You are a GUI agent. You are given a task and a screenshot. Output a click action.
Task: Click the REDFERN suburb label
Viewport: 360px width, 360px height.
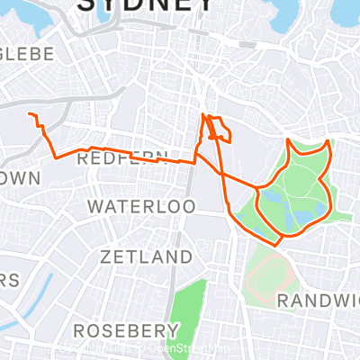pyautogui.click(x=123, y=158)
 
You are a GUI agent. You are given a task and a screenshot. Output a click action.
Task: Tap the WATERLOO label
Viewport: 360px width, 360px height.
pyautogui.click(x=141, y=207)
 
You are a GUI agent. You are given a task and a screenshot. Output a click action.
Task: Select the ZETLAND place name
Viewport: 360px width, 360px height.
pyautogui.click(x=147, y=257)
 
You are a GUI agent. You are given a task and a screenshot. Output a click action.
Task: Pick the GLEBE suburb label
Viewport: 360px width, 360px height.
pyautogui.click(x=27, y=54)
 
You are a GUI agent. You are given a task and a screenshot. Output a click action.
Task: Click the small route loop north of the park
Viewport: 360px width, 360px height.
pyautogui.click(x=219, y=130)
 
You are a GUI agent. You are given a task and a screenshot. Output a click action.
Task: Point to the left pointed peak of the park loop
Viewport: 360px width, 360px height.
pyautogui.click(x=288, y=141)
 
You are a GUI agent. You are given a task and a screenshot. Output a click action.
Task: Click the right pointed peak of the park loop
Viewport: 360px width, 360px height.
pyautogui.click(x=329, y=141)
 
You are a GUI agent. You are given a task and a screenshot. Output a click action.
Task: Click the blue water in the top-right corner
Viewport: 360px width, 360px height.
pyautogui.click(x=346, y=11)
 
